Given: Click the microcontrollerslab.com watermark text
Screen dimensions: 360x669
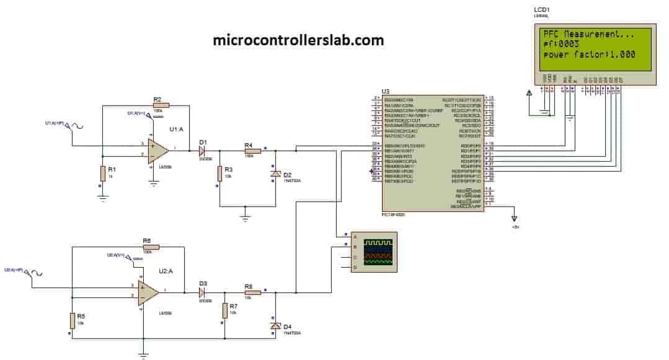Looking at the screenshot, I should (x=298, y=40).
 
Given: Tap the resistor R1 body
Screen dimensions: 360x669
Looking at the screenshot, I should (x=102, y=173).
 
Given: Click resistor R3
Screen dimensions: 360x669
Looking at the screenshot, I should (x=219, y=174).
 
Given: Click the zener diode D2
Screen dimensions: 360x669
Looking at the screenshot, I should (x=275, y=175).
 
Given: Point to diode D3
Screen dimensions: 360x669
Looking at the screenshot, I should (x=202, y=292).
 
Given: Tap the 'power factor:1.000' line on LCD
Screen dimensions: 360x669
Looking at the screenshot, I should (x=589, y=55).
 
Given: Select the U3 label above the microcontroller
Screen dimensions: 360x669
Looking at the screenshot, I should (x=386, y=91).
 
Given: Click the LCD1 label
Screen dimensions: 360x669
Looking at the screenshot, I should (x=541, y=10).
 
